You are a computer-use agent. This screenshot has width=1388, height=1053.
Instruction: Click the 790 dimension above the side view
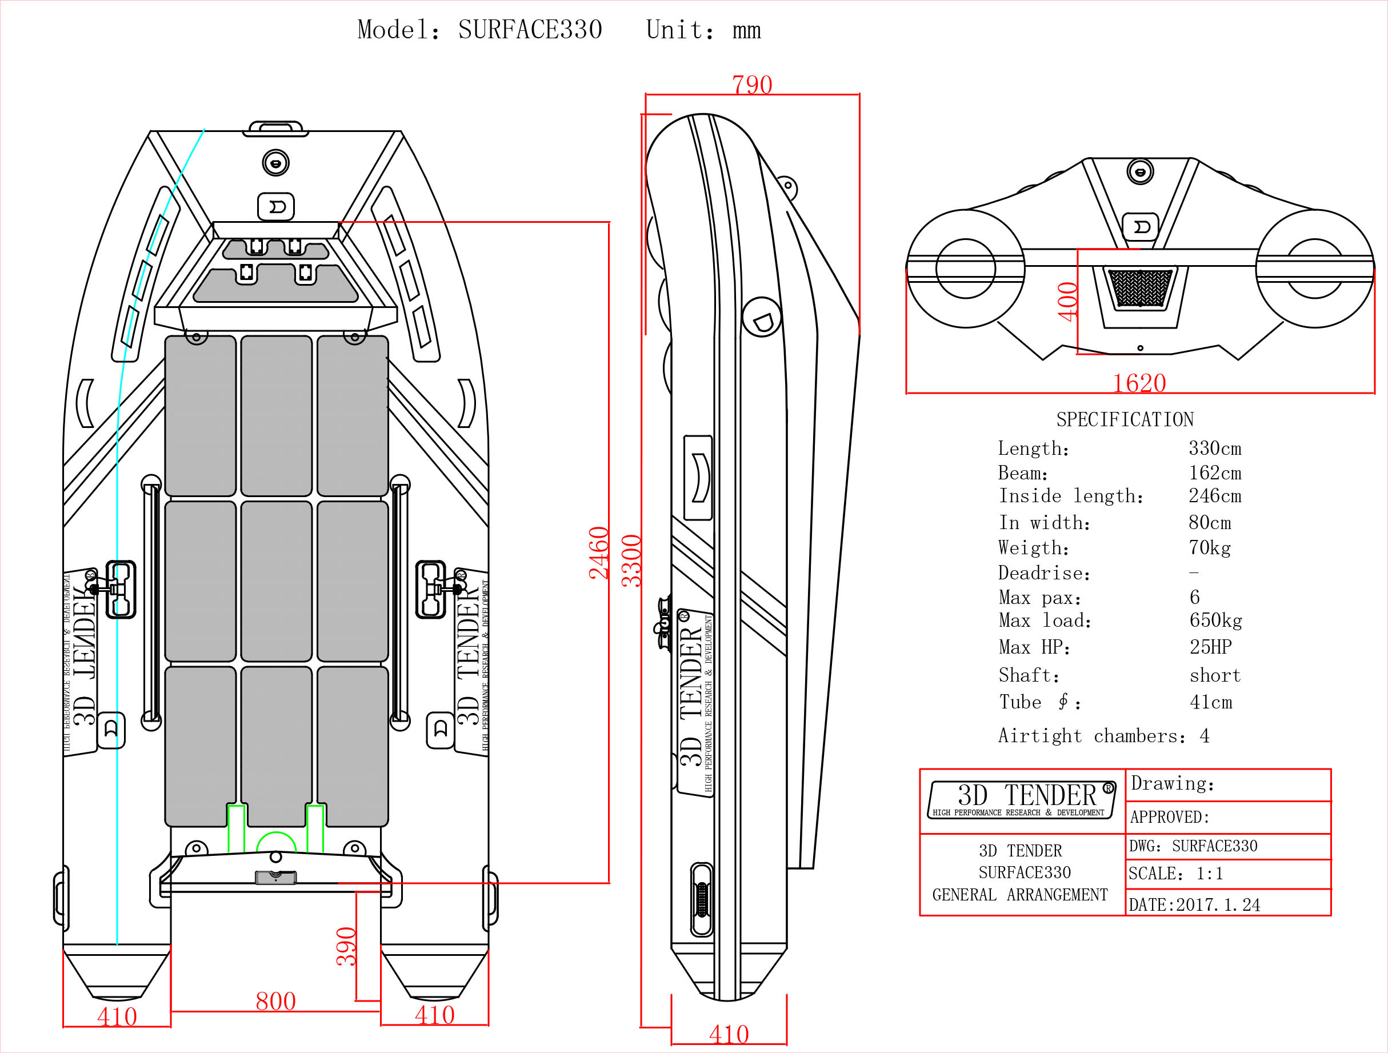click(752, 85)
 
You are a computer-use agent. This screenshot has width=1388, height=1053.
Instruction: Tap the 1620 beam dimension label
click(1139, 383)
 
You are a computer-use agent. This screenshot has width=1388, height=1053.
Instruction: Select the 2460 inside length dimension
click(599, 552)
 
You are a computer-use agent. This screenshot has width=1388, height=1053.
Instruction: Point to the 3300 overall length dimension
click(631, 560)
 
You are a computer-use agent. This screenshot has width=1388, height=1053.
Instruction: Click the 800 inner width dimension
click(275, 1001)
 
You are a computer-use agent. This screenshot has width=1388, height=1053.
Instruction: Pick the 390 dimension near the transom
click(346, 946)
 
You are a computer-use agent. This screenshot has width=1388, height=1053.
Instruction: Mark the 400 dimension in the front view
click(1067, 302)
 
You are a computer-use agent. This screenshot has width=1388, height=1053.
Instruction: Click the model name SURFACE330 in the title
click(530, 30)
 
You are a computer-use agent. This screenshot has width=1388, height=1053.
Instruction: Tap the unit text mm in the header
click(746, 30)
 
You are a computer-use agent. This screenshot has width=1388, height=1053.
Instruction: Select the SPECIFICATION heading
click(1125, 419)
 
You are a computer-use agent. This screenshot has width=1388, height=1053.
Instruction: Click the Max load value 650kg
click(1215, 620)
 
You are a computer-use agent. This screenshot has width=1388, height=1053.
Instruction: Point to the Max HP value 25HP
click(1210, 647)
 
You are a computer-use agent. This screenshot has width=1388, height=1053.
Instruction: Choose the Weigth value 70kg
click(1209, 548)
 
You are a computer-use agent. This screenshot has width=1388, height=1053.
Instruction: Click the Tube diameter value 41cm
click(1210, 702)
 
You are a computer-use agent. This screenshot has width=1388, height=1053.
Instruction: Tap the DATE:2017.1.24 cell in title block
click(1194, 904)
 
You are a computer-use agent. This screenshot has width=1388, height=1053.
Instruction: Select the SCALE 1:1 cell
click(1175, 874)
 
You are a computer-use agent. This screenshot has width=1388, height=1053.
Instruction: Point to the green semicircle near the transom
click(276, 842)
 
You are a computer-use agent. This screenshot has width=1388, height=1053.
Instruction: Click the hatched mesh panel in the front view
click(1139, 288)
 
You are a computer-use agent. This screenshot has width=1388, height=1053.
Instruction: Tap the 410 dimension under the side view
click(729, 1034)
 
